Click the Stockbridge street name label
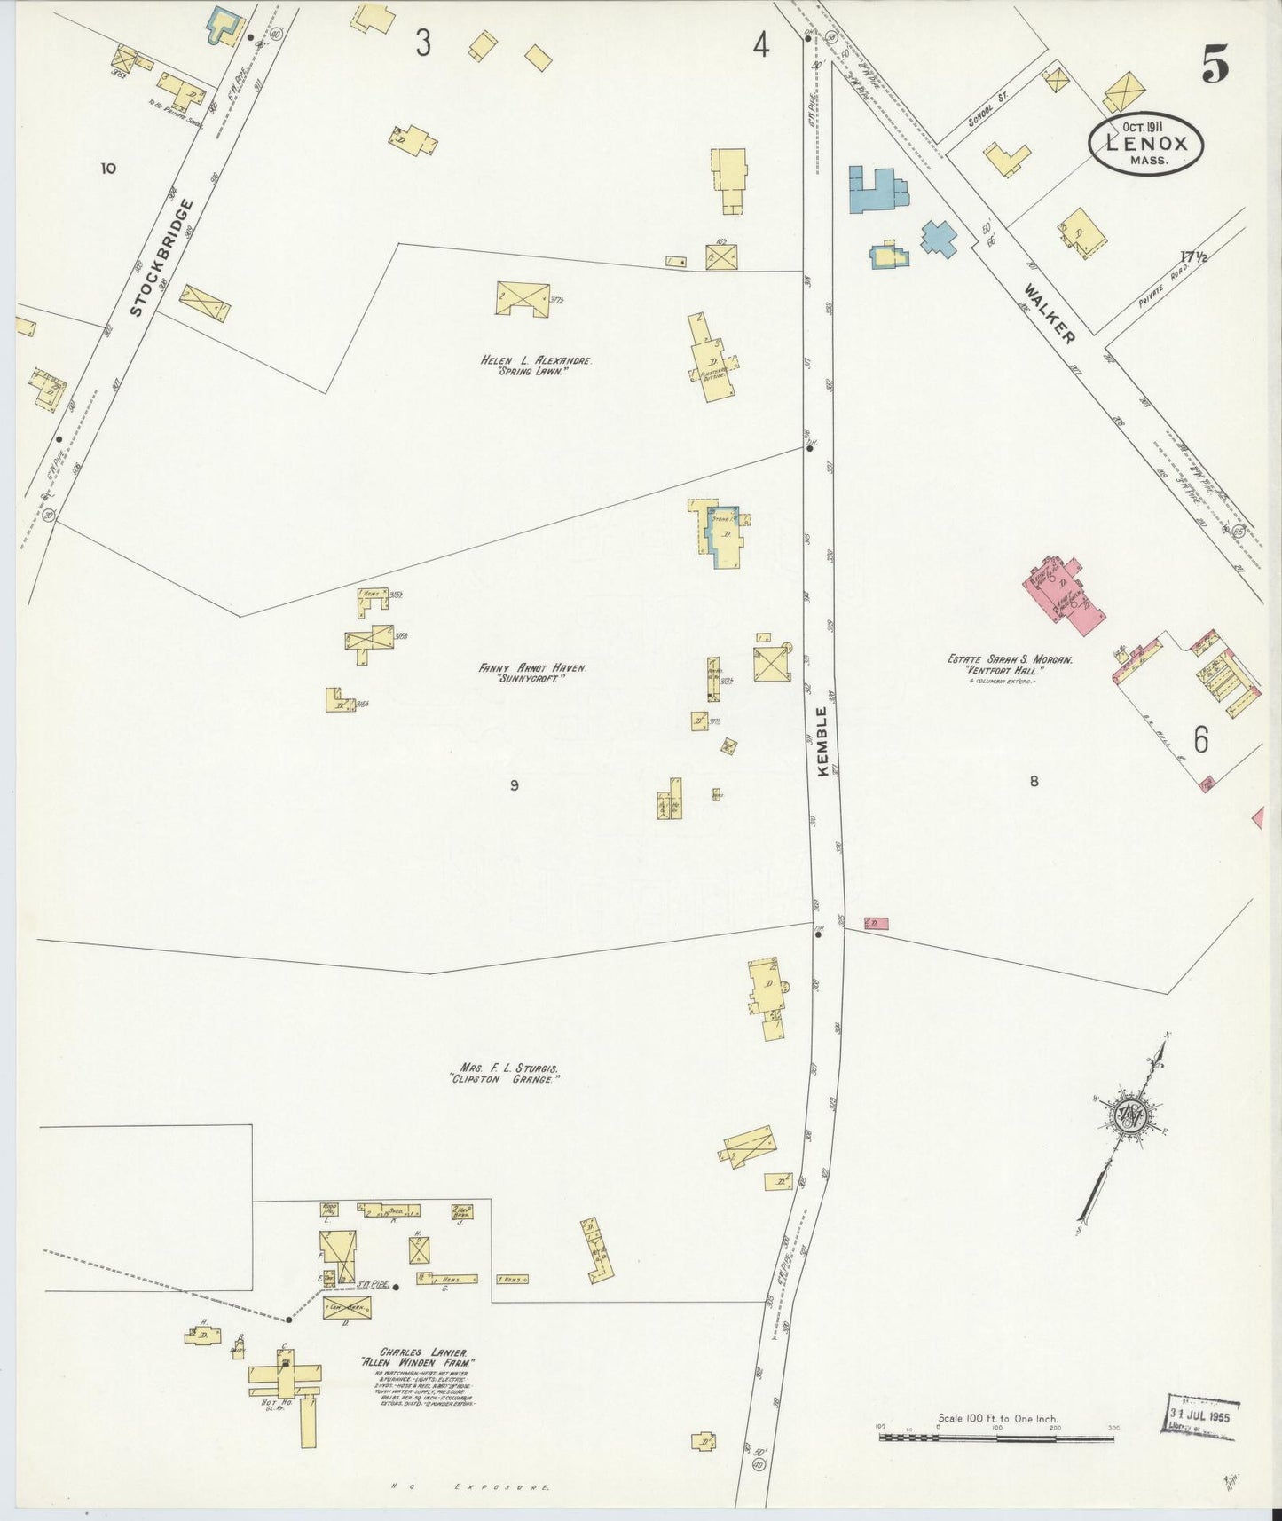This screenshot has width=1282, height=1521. tap(161, 258)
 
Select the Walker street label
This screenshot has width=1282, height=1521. tap(1049, 314)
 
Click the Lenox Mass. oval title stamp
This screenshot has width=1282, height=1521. tap(1145, 146)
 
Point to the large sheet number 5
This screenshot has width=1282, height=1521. tap(1215, 63)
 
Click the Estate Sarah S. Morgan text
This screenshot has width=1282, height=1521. tap(1010, 660)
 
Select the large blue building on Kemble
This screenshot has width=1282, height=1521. tap(877, 188)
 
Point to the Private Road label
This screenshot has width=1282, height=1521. tap(1163, 285)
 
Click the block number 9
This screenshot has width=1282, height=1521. tap(514, 784)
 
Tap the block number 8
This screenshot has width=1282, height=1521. tap(1034, 782)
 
